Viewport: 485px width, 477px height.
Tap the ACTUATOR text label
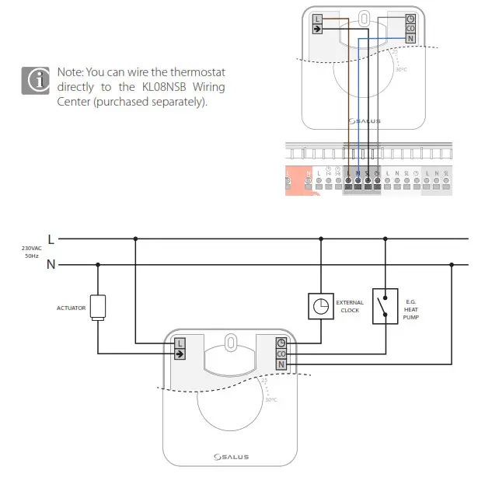(70, 308)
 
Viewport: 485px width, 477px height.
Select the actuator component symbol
(98, 307)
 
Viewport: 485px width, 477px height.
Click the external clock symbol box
(321, 307)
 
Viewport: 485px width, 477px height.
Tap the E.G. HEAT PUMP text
(411, 308)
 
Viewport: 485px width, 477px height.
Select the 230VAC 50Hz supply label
(32, 252)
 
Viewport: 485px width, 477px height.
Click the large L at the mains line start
(51, 239)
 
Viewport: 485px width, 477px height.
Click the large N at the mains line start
(51, 265)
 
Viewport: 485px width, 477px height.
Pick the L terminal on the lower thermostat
(180, 343)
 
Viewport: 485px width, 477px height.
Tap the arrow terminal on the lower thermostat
(180, 353)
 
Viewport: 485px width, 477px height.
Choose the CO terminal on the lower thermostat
(281, 353)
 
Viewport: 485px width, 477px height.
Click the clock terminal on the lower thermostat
(281, 343)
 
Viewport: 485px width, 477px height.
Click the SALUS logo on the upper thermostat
(364, 120)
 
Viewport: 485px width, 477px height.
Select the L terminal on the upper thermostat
(317, 19)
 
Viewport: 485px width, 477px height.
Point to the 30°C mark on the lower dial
(270, 400)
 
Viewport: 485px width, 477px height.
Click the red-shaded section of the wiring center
(298, 179)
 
